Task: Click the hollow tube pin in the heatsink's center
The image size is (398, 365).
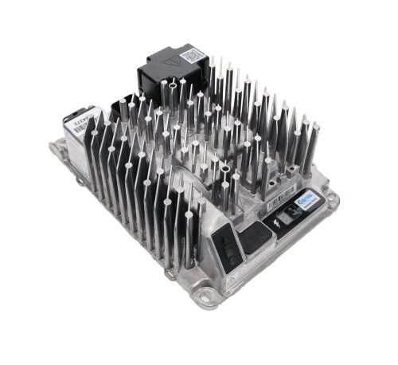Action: tap(226, 170)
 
